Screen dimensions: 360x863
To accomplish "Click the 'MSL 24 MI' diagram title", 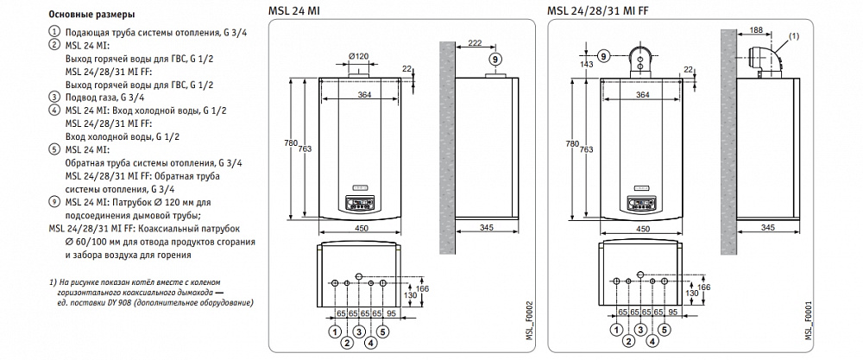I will point(291,10).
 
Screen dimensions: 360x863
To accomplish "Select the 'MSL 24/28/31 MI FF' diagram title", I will point(594,10).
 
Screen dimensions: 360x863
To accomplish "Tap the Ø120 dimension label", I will point(359,56).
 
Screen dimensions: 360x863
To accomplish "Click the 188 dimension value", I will point(757,30).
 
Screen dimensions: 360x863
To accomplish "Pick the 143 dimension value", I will point(588,64).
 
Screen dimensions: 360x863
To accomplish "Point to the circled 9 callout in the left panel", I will point(494,59).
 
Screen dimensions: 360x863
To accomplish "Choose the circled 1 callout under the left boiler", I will point(333,331).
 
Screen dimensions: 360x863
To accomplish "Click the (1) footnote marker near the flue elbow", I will point(794,35).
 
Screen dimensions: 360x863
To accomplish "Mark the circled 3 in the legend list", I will point(56,98).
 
